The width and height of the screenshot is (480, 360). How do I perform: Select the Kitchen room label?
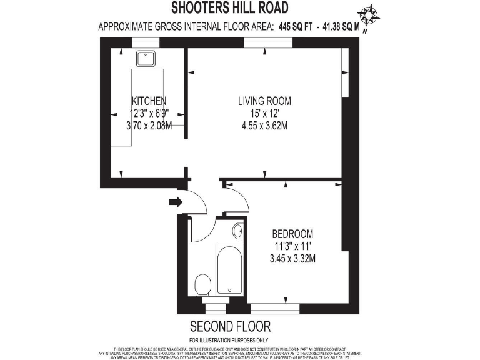coord(149,101)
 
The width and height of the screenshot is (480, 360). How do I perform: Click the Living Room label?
coord(264,101)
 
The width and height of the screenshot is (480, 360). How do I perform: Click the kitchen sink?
coord(148,58)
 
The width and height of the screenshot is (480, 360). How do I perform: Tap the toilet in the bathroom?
coord(202,287)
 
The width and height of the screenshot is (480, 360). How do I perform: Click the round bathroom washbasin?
coord(238,231)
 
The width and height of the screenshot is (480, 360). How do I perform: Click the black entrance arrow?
coord(176,201)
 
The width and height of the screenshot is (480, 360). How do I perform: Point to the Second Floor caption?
coord(230,326)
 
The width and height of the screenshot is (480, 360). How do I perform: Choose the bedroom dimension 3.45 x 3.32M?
coord(292,257)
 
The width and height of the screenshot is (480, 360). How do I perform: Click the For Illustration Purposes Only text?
coord(230,339)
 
